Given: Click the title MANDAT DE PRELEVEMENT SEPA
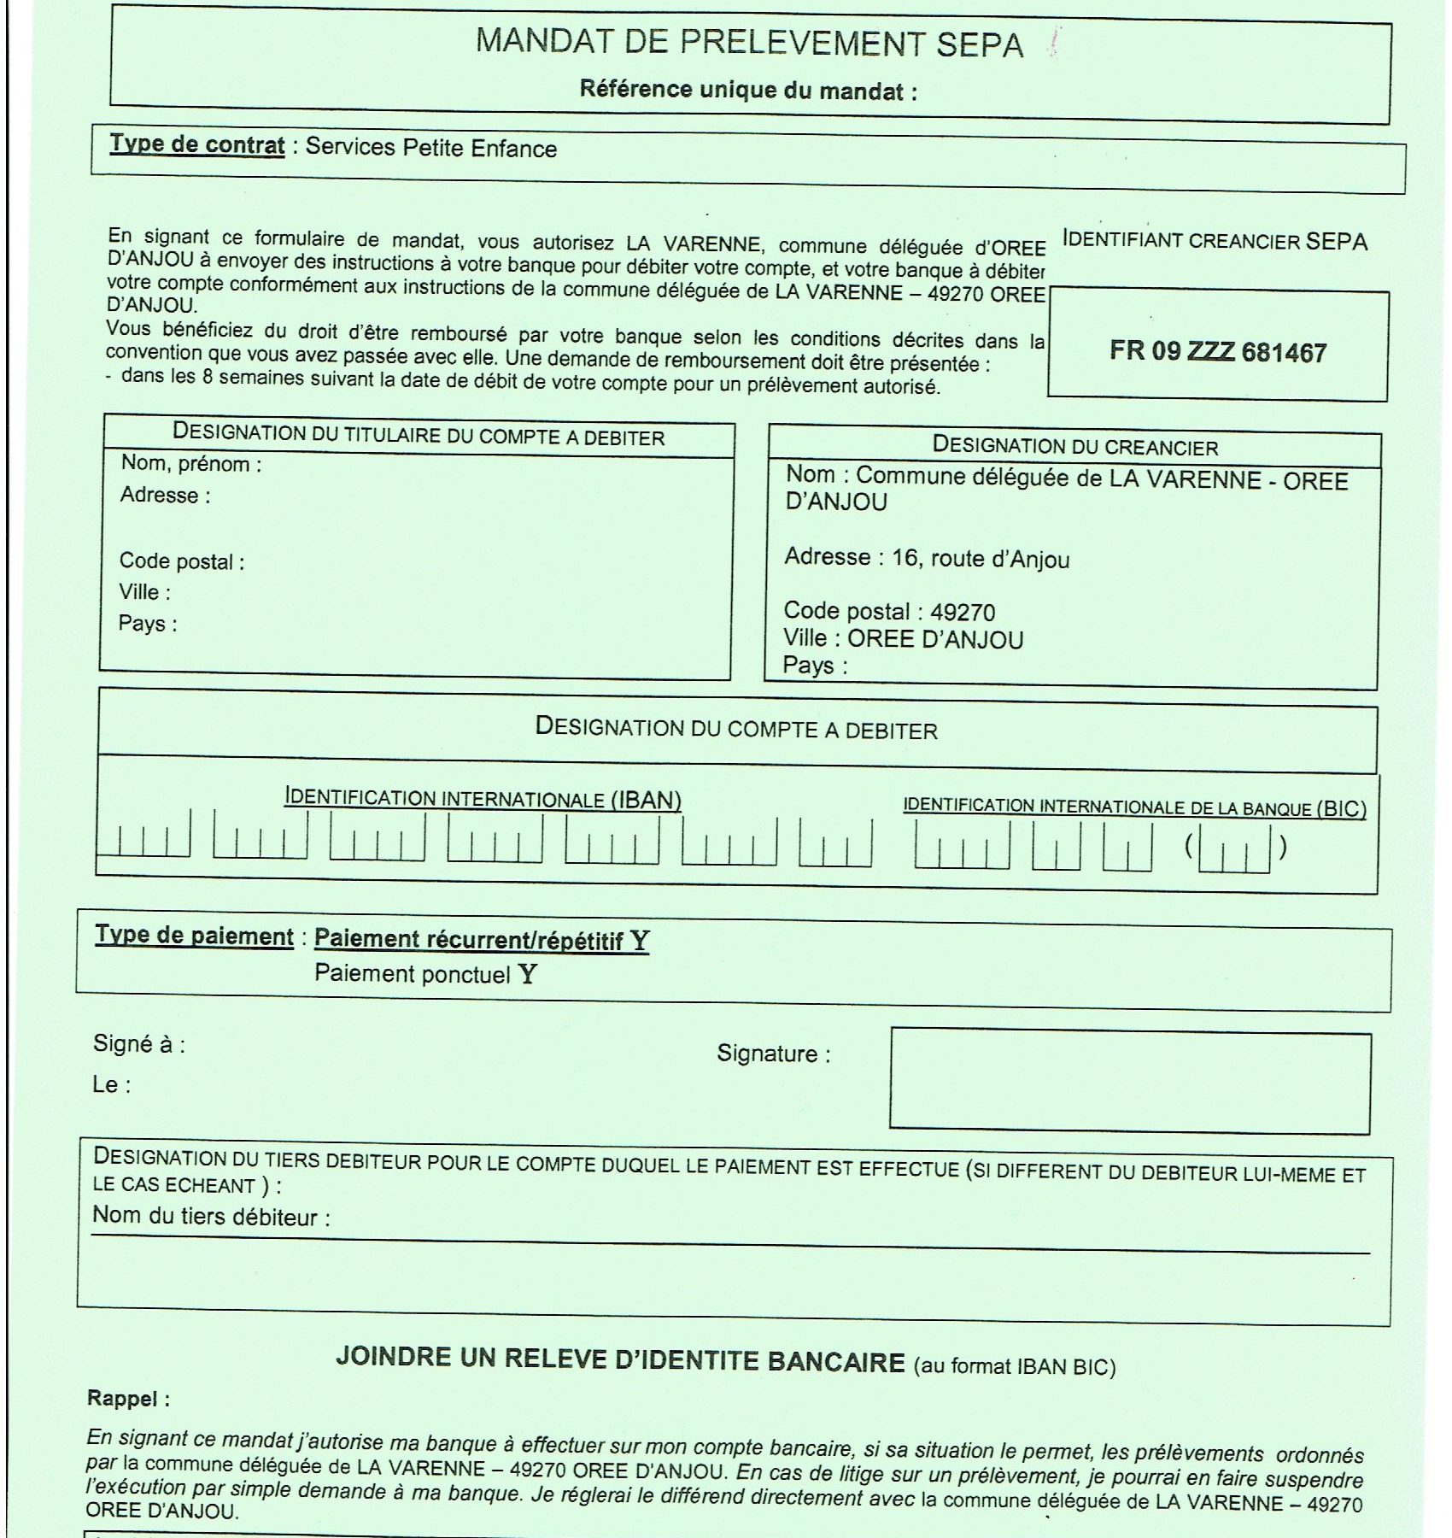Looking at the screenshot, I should pyautogui.click(x=749, y=43).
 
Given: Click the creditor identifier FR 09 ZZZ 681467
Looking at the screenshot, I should pyautogui.click(x=1217, y=351).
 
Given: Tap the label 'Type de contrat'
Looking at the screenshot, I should pyautogui.click(x=196, y=144).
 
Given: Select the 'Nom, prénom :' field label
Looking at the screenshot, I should pyautogui.click(x=191, y=464).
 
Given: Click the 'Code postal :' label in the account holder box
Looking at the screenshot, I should pyautogui.click(x=182, y=561).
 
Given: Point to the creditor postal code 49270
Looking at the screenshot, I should pyautogui.click(x=963, y=612).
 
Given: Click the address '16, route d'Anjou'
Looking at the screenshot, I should pyautogui.click(x=981, y=559).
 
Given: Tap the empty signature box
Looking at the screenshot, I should pyautogui.click(x=1129, y=1081).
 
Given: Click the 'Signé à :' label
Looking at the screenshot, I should pyautogui.click(x=138, y=1044).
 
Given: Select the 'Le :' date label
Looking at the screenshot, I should pyautogui.click(x=111, y=1084).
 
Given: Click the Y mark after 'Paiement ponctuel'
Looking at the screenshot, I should pyautogui.click(x=528, y=974).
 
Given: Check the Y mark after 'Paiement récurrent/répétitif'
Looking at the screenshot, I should pyautogui.click(x=640, y=941).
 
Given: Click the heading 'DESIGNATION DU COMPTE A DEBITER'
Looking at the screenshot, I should pyautogui.click(x=736, y=729).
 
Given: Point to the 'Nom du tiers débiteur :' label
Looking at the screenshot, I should pyautogui.click(x=211, y=1216).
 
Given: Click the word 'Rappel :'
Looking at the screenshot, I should pyautogui.click(x=128, y=1399).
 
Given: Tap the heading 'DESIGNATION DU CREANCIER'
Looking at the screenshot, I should pyautogui.click(x=1074, y=445).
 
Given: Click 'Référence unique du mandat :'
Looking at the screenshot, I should pyautogui.click(x=748, y=90).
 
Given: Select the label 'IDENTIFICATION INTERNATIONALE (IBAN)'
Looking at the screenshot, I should pyautogui.click(x=483, y=799).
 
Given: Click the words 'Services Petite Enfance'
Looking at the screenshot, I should pyautogui.click(x=430, y=148).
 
